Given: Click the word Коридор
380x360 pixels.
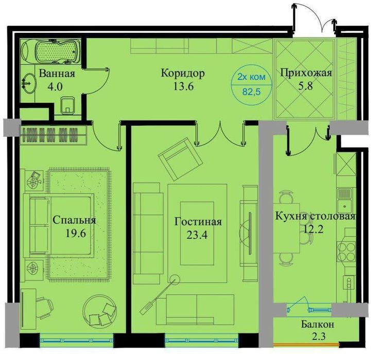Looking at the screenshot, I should point(183,74).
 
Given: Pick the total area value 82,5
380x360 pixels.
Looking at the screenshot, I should point(251,93).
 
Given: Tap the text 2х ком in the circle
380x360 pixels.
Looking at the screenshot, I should point(251,78).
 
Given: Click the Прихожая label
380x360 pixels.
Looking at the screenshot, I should point(306,74).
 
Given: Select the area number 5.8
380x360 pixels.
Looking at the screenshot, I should point(306,86).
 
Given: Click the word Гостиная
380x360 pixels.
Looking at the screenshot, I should point(198,222).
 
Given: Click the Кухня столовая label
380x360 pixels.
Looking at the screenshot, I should point(315,217).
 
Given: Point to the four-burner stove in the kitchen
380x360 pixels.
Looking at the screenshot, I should point(346,251).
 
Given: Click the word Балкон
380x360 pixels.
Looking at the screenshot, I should point(318,325).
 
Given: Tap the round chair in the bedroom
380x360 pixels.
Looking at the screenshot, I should point(101,310).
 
